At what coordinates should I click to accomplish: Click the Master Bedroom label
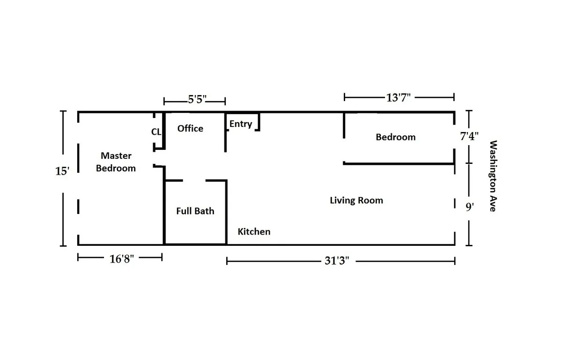coord(116,162)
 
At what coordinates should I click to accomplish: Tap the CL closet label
coord(156,132)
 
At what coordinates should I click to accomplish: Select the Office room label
coord(190,128)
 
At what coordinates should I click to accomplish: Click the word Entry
coord(241,124)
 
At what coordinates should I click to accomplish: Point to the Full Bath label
coord(195,211)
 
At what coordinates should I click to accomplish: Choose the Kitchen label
coord(254,232)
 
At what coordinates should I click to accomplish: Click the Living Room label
coord(356,200)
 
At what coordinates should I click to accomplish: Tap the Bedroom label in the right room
coord(396,137)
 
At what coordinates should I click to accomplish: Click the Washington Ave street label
coord(492,176)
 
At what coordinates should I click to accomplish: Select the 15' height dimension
coord(62,171)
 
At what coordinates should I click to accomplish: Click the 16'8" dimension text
coord(122,259)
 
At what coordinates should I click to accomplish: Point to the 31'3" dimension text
coord(337,261)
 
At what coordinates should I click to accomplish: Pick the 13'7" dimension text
coord(399,97)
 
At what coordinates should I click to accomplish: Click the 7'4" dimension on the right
coord(470,137)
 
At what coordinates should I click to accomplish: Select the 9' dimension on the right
coord(470,207)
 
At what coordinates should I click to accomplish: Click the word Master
coord(116,156)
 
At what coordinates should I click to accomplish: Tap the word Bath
coord(205,211)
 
